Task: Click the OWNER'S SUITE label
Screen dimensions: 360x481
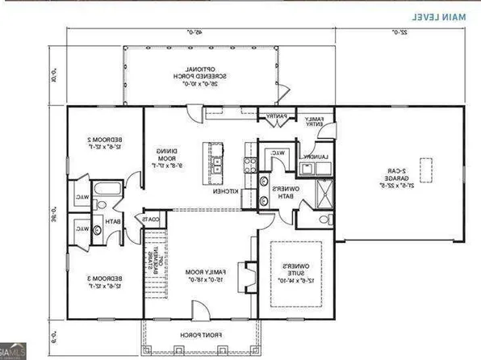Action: point(298,274)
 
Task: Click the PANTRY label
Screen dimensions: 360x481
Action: point(268,116)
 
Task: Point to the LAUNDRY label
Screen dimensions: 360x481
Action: point(314,157)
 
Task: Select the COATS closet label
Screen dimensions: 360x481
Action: point(151,218)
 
